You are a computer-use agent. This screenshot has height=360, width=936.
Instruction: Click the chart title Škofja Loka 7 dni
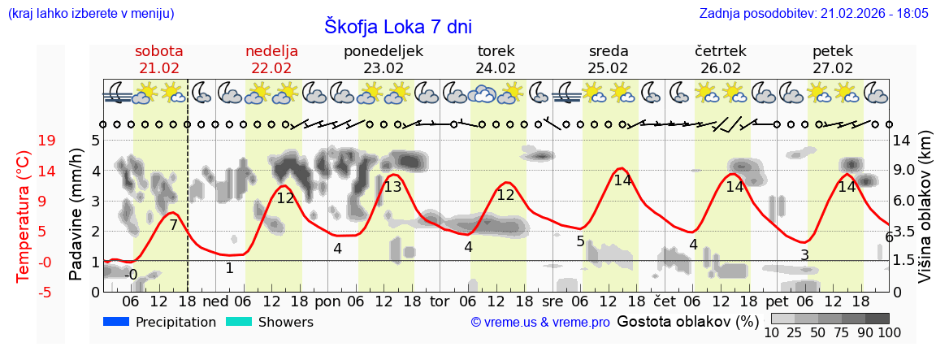click(x=398, y=26)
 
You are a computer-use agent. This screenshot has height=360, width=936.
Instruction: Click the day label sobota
click(x=159, y=51)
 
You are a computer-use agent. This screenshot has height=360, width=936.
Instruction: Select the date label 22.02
click(x=271, y=68)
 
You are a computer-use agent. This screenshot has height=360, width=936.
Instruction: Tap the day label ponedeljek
click(x=383, y=51)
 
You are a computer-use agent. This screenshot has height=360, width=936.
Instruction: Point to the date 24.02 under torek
click(x=496, y=68)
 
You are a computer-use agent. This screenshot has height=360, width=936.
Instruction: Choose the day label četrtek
click(x=721, y=51)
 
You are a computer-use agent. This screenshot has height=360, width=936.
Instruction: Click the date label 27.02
click(x=833, y=68)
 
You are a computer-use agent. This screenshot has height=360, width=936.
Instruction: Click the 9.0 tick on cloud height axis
click(x=904, y=171)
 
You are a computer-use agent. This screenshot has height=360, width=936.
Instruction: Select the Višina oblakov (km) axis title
click(x=925, y=215)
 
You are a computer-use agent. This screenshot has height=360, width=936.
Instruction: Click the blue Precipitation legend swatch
click(x=116, y=322)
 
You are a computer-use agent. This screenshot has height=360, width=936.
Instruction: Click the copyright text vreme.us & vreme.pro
click(x=540, y=323)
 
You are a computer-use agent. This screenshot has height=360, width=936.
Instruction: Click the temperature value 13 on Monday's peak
click(x=392, y=187)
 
